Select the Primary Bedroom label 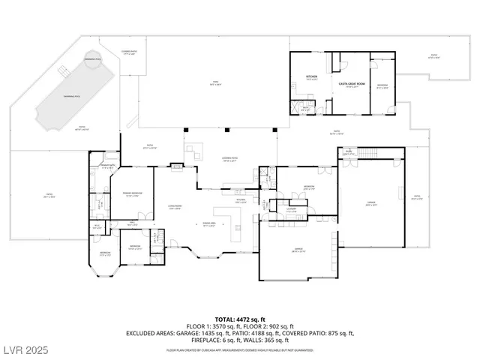(x=133, y=194)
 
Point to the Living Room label (x=175, y=208)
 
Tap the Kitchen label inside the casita (x=311, y=76)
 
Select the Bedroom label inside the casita (x=382, y=85)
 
